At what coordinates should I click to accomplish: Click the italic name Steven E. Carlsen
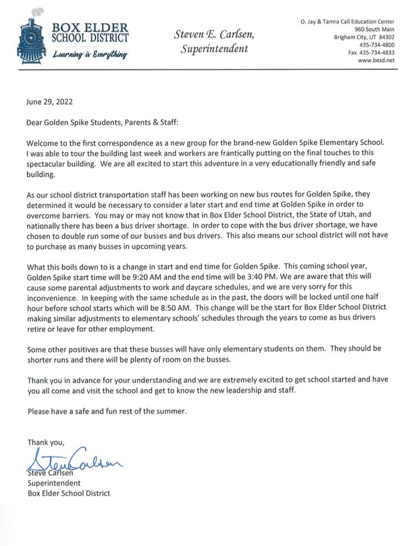point(214,34)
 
